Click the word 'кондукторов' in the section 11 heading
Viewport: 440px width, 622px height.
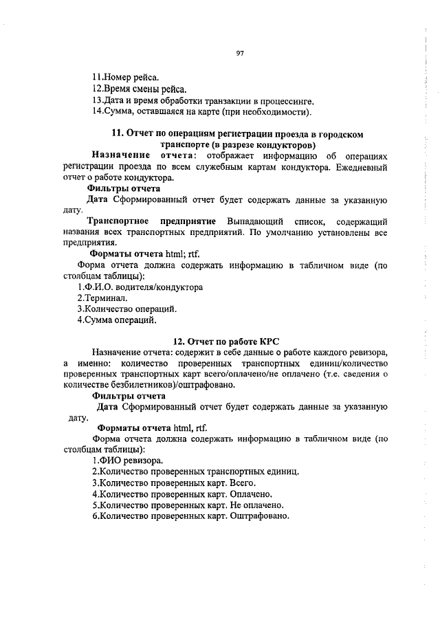click(x=286, y=145)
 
